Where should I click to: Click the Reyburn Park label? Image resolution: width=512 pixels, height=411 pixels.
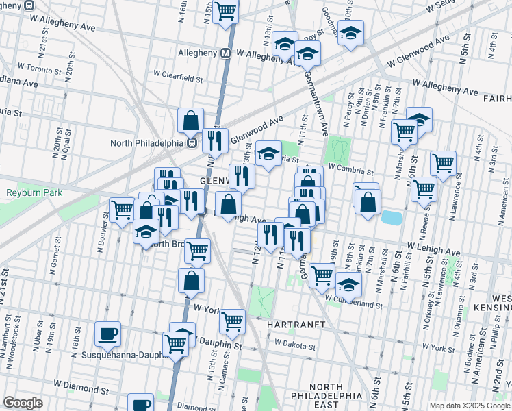tap(34, 193)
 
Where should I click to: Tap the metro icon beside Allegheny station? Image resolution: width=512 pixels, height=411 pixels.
tap(225, 53)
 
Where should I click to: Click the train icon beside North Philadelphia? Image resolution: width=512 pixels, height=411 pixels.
tap(192, 143)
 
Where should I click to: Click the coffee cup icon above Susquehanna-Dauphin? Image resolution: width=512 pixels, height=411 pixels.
tap(107, 334)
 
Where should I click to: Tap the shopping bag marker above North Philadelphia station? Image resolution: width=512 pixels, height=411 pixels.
tap(190, 121)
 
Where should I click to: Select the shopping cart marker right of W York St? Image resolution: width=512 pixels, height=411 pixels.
tap(233, 320)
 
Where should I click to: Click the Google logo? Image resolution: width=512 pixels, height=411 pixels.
tap(23, 403)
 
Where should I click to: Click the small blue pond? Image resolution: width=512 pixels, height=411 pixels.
tap(391, 218)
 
